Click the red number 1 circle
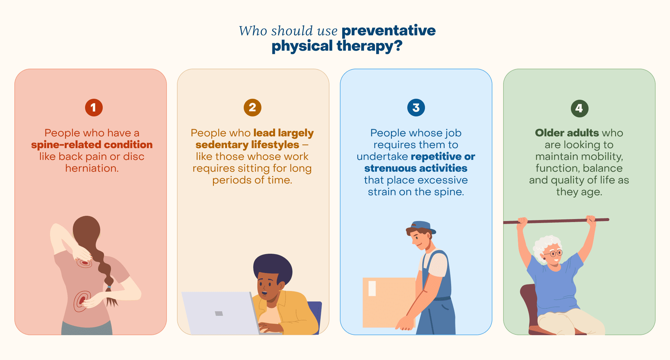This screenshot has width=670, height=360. [x=94, y=108]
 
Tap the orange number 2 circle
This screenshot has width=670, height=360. [x=252, y=108]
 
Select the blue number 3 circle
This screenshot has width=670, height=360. [x=416, y=108]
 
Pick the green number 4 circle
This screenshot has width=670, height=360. [x=579, y=109]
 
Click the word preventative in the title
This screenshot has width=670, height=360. [x=388, y=31]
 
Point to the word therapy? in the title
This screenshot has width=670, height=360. [x=369, y=46]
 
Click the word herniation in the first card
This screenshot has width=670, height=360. [x=91, y=168]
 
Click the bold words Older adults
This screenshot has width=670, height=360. [x=567, y=133]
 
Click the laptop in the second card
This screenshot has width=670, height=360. [x=219, y=312]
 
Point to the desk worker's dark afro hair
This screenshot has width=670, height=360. [x=273, y=265]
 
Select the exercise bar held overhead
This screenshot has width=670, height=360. [x=556, y=221]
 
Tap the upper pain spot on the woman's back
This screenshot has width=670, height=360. [x=85, y=263]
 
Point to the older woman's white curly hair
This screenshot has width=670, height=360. [x=545, y=244]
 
